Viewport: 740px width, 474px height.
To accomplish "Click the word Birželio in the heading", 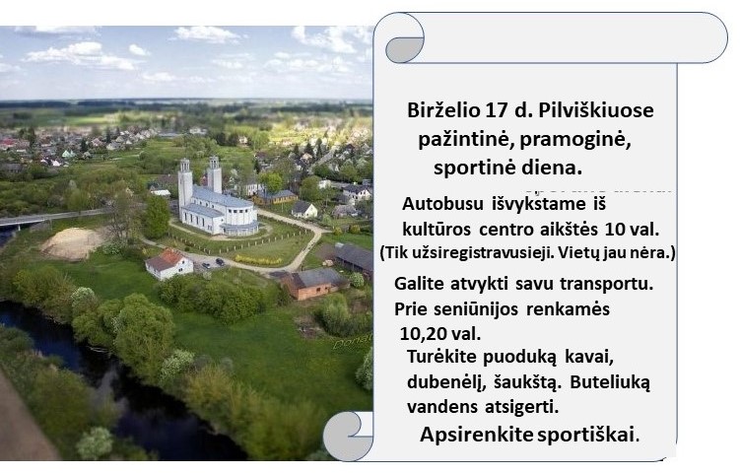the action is (x=441, y=110).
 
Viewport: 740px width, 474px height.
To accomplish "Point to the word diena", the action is (x=555, y=168).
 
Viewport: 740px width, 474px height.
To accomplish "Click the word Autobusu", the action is (x=442, y=204).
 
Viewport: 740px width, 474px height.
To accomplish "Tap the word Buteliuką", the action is (x=610, y=382).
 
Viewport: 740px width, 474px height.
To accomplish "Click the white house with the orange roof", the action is (x=168, y=264).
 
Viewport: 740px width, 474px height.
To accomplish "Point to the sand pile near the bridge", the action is (x=73, y=243).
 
